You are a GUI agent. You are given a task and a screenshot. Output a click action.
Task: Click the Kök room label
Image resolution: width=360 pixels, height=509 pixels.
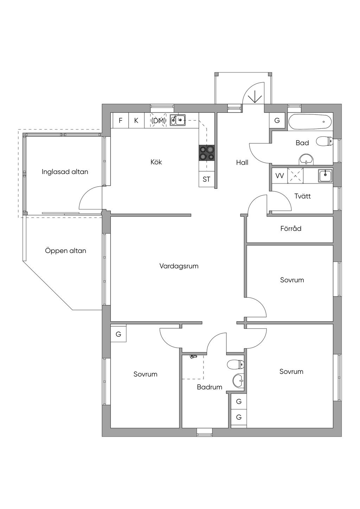pos(156,162)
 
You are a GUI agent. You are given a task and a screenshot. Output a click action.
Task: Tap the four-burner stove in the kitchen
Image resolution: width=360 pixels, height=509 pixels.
pos(207,153)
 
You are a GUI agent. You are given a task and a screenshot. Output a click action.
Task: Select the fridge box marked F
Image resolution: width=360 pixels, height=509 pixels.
pos(121,121)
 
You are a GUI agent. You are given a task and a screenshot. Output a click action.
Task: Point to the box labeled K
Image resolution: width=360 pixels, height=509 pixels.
pos(136,121)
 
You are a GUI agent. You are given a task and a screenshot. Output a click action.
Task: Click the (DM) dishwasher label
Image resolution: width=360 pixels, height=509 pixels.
pos(159,121)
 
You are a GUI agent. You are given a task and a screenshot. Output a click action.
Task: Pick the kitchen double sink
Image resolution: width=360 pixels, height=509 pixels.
pos(178,120)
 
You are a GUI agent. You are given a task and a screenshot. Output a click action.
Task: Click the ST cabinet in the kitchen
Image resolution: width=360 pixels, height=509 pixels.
pos(206,179)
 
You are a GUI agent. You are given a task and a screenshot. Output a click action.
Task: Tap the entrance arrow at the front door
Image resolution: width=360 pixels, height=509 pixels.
pos(253,95)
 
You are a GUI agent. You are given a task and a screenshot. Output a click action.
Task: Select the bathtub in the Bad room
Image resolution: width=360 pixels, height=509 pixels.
pos(310,122)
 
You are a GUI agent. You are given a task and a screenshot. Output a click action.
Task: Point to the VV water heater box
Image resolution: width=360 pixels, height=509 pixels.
pos(279,176)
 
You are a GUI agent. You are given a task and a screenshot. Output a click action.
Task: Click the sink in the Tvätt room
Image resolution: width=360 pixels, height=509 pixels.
pos(325,175)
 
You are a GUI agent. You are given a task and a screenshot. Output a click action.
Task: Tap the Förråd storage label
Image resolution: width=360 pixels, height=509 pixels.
pos(291,228)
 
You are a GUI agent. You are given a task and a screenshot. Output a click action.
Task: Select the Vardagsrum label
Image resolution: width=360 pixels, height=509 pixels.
pos(179,266)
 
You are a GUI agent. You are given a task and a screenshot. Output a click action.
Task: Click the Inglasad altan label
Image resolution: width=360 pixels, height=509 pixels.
pos(65,172)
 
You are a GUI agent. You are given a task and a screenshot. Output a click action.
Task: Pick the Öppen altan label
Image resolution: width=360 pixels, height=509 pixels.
pos(65,251)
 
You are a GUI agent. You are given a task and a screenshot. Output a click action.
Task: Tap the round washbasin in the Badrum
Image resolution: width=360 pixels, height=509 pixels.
pos(239,381)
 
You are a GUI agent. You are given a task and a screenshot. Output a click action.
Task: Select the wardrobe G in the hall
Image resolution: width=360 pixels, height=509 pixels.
pos(277,121)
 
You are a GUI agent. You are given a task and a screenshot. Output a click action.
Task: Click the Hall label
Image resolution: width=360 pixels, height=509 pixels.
pos(242,162)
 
